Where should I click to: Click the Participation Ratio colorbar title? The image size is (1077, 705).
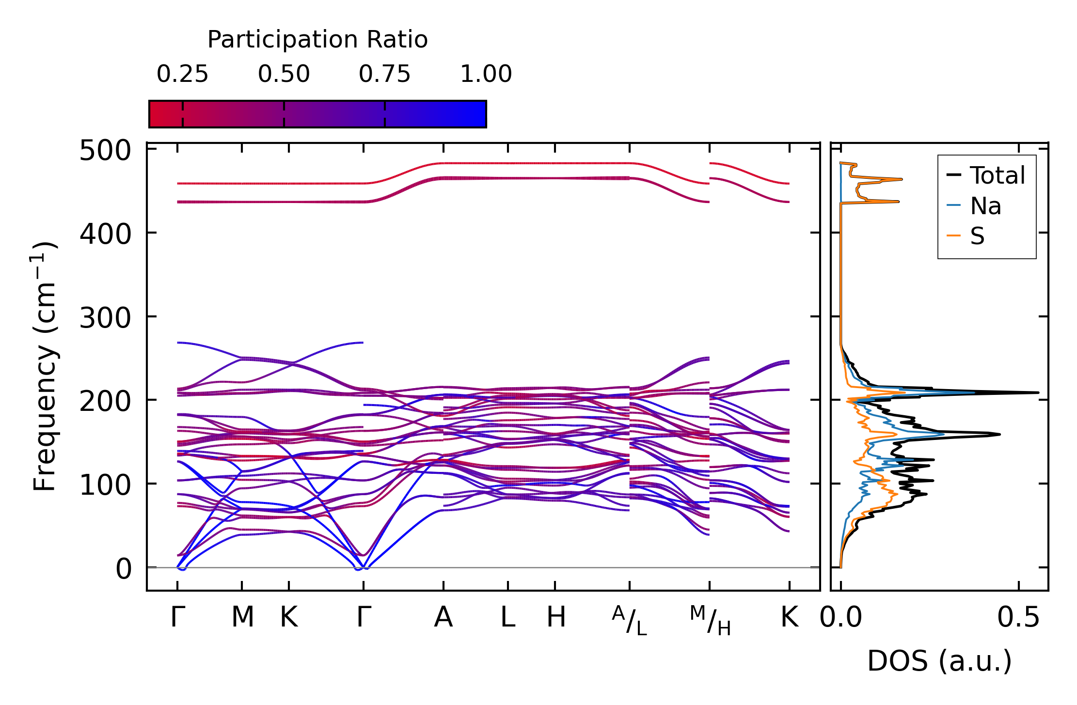click(x=317, y=40)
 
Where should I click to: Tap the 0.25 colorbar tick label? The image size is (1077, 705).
click(x=182, y=75)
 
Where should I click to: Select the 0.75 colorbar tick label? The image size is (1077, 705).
click(x=384, y=75)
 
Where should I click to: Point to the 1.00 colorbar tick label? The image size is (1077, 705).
click(x=486, y=75)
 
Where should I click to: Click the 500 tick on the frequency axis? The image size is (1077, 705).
click(x=105, y=151)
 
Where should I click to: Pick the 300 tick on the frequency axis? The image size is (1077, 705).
click(x=105, y=318)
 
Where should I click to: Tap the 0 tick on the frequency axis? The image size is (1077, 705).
click(x=123, y=569)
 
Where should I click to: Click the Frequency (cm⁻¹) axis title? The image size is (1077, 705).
click(x=45, y=366)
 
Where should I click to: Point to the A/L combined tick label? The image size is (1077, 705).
click(x=629, y=621)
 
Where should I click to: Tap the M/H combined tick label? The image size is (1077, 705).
click(x=710, y=621)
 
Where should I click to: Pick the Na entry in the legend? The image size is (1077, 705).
click(x=985, y=206)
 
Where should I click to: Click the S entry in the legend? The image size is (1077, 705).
click(x=977, y=236)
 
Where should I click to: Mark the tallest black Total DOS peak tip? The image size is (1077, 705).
click(x=1038, y=392)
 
